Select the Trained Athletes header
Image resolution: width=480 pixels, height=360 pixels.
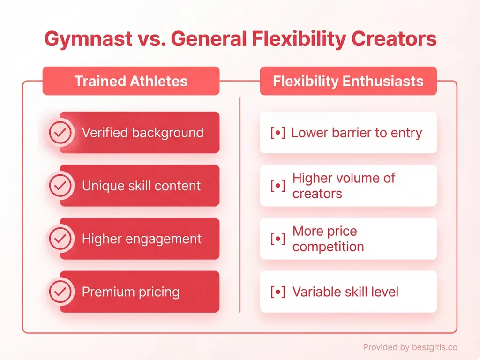pyautogui.click(x=131, y=81)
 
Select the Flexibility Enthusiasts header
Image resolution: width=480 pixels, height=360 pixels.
pyautogui.click(x=348, y=81)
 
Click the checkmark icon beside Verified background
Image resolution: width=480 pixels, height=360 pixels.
pyautogui.click(x=60, y=133)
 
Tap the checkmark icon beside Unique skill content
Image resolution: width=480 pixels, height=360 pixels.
pyautogui.click(x=60, y=186)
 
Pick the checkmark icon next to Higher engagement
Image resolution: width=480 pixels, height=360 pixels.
pyautogui.click(x=60, y=239)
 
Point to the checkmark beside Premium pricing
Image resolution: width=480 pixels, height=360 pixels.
pyautogui.click(x=60, y=292)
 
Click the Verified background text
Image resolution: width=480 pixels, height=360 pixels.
pyautogui.click(x=142, y=133)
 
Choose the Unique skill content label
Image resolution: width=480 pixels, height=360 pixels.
pyautogui.click(x=141, y=186)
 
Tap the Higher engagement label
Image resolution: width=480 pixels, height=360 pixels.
pyautogui.click(x=142, y=239)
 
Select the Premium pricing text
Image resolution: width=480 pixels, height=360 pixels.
pyautogui.click(x=131, y=292)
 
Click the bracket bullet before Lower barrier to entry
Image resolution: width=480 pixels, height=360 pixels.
pyautogui.click(x=278, y=133)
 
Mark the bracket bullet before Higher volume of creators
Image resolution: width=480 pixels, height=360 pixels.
pyautogui.click(x=278, y=186)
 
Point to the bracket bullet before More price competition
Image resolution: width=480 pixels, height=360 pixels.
pyautogui.click(x=278, y=239)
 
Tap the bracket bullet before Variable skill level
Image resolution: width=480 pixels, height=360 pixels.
pyautogui.click(x=278, y=292)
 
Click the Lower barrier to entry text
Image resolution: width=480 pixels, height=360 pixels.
pyautogui.click(x=357, y=133)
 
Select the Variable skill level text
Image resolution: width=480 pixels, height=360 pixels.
pyautogui.click(x=345, y=292)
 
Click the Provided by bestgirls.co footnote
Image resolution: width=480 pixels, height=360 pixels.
pyautogui.click(x=410, y=347)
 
